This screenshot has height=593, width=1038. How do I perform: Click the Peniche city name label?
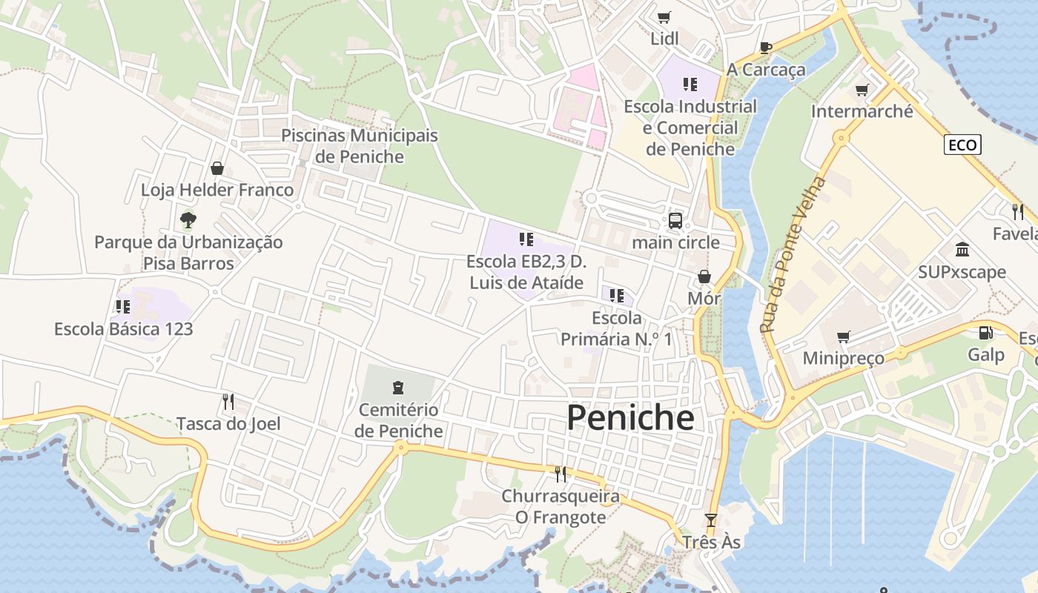630,418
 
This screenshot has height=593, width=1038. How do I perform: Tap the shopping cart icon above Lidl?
664,17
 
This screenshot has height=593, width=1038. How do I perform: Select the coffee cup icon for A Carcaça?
766,48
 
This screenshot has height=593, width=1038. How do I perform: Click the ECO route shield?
962,145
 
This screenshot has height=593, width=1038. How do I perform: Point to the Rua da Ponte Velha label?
792,254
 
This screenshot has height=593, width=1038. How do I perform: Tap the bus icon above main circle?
675,220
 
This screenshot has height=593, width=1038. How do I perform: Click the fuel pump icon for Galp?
985,334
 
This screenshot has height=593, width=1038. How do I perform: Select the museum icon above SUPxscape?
962,249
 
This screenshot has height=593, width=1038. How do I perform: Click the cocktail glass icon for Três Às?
711,520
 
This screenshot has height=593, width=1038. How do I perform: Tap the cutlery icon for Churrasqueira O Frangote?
561,474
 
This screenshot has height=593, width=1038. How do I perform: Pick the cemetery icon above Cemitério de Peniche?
398,387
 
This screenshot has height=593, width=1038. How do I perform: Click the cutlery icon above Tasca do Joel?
228,402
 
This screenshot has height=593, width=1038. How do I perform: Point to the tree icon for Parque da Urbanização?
188,219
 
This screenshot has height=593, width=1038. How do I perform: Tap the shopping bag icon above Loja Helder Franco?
217,168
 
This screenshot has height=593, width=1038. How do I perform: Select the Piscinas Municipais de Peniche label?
360,146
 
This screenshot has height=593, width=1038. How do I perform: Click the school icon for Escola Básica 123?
123,306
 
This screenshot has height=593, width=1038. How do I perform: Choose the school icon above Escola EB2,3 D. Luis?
526,239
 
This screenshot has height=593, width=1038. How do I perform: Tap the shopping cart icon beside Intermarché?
862,90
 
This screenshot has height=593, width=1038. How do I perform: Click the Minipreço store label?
844,358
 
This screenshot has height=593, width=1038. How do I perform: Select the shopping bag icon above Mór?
704,276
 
